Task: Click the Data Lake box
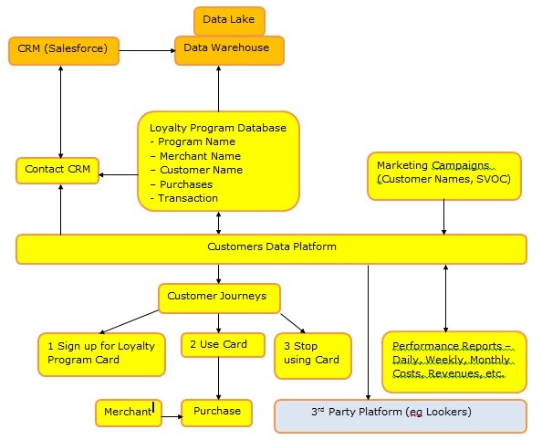pos(229,21)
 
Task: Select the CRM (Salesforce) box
pos(64,51)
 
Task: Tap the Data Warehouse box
pos(229,50)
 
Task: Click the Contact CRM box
pos(57,171)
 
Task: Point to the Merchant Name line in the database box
pos(195,156)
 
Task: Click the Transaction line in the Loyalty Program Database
pos(184,198)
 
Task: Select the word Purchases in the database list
pos(186,184)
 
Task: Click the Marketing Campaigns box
pos(444,176)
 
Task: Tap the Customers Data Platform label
pos(272,246)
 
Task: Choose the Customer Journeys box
pos(219,299)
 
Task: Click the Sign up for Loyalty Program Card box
pos(101,354)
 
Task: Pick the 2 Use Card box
pos(223,345)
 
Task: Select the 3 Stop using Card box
pos(313,356)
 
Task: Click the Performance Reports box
pos(454,361)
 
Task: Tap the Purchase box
pos(217,413)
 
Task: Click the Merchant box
pos(129,413)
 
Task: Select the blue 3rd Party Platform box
pos(401,416)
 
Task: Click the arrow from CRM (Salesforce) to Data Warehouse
pos(147,51)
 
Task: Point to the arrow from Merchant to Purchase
pos(172,416)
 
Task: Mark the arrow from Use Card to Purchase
pos(218,379)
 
